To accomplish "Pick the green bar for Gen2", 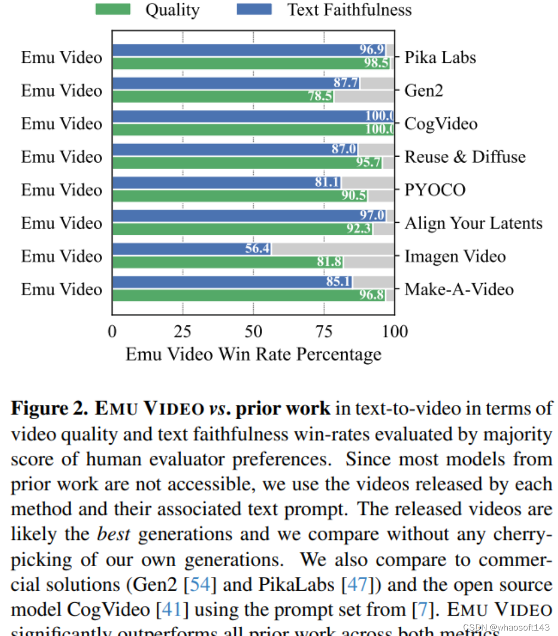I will click(x=218, y=96).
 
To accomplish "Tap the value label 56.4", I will click(x=257, y=249).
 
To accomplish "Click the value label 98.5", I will click(x=376, y=63).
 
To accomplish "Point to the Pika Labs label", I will click(x=440, y=57).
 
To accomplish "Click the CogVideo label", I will click(x=441, y=124).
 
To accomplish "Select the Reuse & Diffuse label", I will click(x=465, y=157).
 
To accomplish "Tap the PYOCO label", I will click(x=435, y=190).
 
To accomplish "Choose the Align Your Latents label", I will click(x=473, y=223).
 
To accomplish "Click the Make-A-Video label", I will click(x=459, y=289).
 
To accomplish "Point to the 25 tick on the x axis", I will click(x=182, y=331).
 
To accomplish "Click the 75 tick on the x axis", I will click(x=324, y=331).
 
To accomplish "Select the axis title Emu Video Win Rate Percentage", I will click(x=253, y=354).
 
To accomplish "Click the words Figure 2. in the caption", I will click(x=49, y=408).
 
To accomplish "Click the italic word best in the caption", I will click(x=113, y=534).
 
